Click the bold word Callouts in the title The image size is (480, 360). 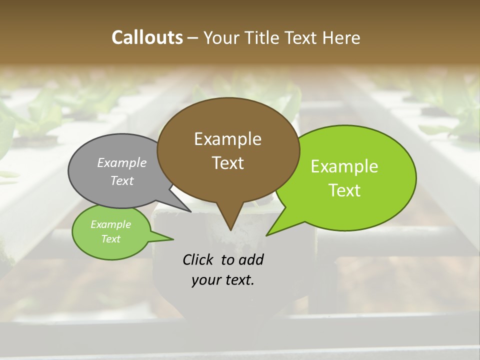point(147,37)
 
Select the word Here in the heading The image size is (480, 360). point(341,37)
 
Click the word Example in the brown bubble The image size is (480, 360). point(227,139)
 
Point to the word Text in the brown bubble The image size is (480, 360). point(227,163)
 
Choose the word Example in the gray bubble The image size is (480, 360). point(122,162)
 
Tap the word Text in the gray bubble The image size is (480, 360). point(122,180)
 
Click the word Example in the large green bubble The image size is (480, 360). point(344,166)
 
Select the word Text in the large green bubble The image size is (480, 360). point(344,190)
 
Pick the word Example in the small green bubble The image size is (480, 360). point(110,224)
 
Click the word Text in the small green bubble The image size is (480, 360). point(110,239)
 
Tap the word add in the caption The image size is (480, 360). point(252,259)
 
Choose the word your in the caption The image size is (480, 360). point(205,280)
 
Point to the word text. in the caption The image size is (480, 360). point(237,280)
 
